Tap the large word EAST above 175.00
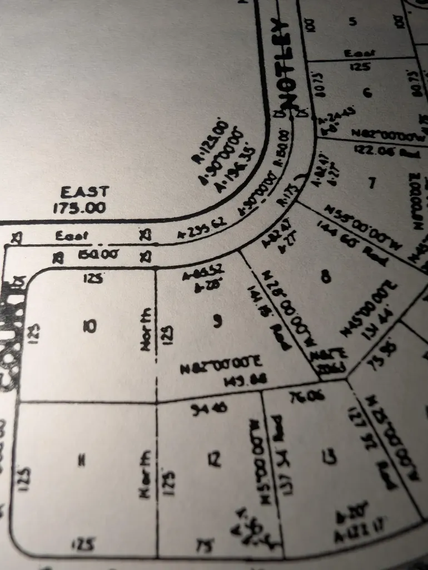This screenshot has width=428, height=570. point(84,193)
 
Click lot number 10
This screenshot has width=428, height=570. point(89,326)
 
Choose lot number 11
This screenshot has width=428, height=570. point(81,460)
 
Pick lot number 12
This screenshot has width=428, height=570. point(214,459)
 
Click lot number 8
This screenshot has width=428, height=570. point(326,276)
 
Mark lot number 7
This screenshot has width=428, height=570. point(372,181)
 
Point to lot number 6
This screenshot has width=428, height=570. point(367,92)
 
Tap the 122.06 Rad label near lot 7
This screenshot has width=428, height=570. point(378,150)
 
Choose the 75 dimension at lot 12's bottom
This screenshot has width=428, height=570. point(205,546)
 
